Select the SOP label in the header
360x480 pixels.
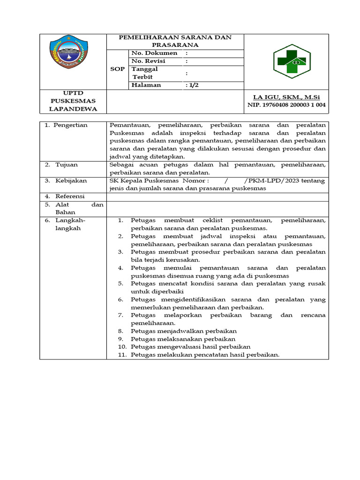pos(117,69)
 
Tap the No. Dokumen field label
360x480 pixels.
pos(154,53)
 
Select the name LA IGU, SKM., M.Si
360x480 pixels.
pos(286,97)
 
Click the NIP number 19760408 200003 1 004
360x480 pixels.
pos(286,105)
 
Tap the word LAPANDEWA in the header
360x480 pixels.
pos(73,109)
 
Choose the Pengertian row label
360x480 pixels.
pos(73,125)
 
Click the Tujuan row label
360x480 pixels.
pos(67,165)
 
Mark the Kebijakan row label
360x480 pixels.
pos(71,180)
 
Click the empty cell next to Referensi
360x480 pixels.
pos(217,196)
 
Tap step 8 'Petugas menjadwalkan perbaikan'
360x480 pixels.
pos(184,331)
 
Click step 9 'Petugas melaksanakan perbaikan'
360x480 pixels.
pos(183,339)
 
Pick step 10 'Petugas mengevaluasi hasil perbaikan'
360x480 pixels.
pos(190,347)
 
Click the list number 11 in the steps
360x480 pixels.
pos(122,355)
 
